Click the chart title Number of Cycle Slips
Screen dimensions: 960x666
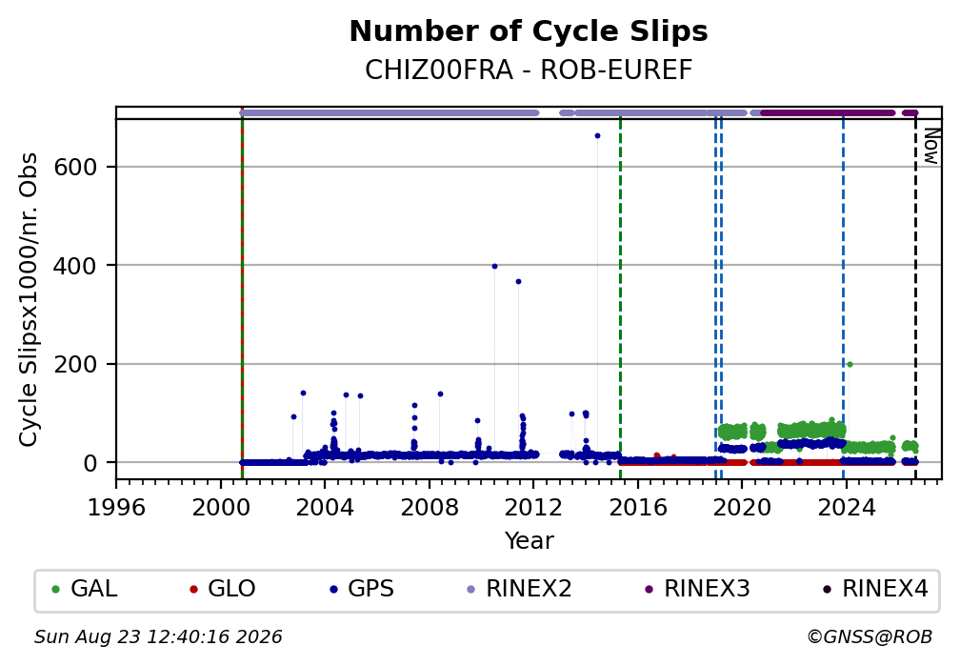tap(529, 31)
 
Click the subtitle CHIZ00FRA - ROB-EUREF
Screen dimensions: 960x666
tap(529, 71)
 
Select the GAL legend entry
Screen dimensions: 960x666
tap(85, 589)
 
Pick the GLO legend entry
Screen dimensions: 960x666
tap(222, 589)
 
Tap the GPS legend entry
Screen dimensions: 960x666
tap(361, 589)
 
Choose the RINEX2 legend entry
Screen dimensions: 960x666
tap(519, 589)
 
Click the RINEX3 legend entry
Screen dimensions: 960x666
tap(697, 589)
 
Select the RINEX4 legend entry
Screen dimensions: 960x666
tap(875, 589)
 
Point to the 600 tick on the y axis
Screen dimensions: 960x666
tap(76, 167)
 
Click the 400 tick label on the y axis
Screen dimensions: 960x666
tap(76, 265)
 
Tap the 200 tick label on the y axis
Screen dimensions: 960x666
tap(76, 364)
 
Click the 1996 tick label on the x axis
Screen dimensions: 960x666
tap(116, 507)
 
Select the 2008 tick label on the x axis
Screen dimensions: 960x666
tap(430, 507)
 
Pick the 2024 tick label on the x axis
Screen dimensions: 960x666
tap(846, 507)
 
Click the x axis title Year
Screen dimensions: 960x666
tap(529, 540)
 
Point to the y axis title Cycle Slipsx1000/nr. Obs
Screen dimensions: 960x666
tap(29, 299)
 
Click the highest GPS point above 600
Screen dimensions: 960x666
tap(597, 136)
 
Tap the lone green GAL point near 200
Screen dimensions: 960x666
tap(850, 365)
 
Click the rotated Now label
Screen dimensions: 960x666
tap(930, 146)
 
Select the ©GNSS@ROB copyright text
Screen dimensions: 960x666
tap(870, 637)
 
